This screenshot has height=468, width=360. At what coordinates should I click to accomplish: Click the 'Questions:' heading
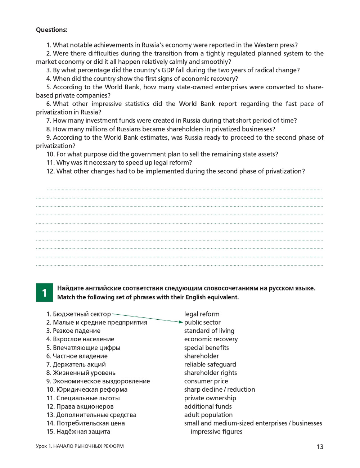coord(51,30)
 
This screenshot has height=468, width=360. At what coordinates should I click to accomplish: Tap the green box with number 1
coord(44,293)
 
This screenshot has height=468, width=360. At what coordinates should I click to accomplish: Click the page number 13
coord(320,447)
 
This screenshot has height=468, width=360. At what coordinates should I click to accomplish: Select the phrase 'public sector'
coord(202,323)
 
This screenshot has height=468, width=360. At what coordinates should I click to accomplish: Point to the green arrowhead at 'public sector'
coord(181,322)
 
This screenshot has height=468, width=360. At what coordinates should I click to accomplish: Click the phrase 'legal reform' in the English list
coord(202,314)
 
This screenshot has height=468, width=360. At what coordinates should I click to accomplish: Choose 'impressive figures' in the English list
coord(216,432)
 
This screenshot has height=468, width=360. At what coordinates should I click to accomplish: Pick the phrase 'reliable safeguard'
coord(210,365)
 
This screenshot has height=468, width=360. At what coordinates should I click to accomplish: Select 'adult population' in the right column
coord(208,415)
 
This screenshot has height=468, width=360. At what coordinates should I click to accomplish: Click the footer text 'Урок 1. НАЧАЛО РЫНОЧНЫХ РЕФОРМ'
coord(80,446)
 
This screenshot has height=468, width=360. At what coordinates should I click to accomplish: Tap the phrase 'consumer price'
coord(206,381)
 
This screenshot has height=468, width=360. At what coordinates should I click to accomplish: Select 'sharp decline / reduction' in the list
coord(219,390)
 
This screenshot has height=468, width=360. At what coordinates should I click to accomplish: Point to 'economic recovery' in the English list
coord(211,339)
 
